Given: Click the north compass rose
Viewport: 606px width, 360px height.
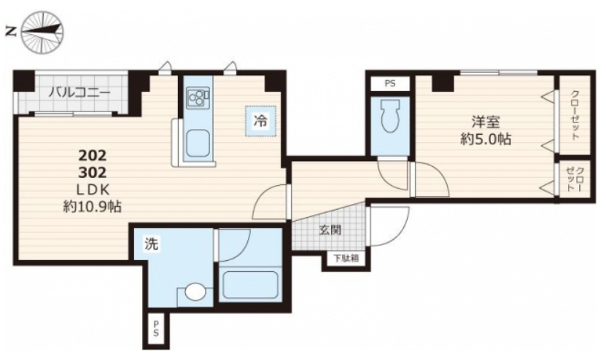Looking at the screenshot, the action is pos(42,31).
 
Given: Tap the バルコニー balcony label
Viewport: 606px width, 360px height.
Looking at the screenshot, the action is pos(79,93).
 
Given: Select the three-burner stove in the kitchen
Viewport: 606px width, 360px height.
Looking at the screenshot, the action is pos(198,98).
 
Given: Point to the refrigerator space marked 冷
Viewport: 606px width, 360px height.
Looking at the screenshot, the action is pos(260,121).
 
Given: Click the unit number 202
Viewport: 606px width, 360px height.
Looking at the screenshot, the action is pos(93,156).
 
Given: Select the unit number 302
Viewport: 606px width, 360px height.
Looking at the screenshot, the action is pos(93,172).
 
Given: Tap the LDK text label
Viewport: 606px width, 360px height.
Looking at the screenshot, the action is pos(93,189).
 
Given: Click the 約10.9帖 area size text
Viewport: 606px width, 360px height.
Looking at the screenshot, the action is pos(93,207).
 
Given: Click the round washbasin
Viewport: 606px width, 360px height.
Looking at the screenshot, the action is pos(195,291).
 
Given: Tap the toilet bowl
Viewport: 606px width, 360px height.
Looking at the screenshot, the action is pos(390,115).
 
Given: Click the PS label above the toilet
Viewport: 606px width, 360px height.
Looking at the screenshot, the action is pos(390,83).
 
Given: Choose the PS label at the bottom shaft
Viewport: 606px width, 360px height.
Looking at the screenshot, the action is pos(156,329).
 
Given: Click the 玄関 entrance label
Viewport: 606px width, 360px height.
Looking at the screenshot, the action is pos(330,230).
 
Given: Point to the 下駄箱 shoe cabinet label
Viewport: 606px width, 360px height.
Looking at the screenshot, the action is pos(346,259).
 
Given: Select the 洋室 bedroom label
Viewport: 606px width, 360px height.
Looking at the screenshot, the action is pos(486,122).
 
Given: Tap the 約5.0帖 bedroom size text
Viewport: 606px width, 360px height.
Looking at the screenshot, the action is pos(486,138).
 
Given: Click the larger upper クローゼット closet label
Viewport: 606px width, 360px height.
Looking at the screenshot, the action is pos(575,114).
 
